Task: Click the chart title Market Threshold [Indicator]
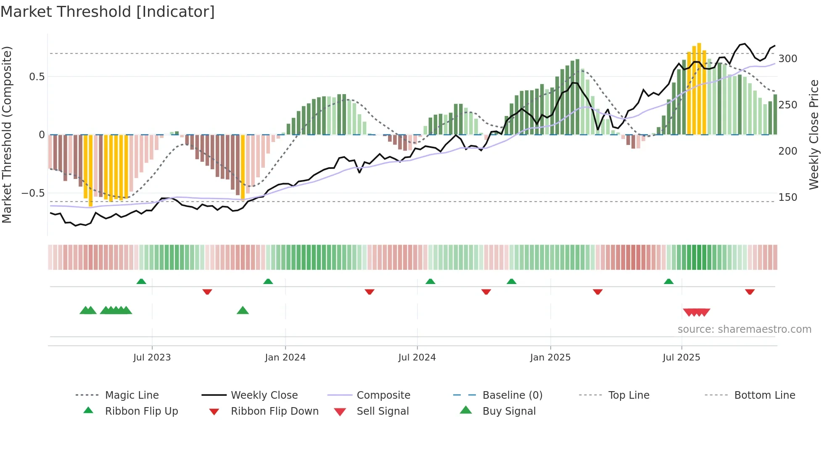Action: tap(108, 12)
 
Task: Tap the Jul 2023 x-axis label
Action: tap(152, 358)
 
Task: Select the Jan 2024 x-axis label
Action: tap(285, 358)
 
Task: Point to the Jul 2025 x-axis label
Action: tap(681, 358)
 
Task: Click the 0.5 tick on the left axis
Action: tap(37, 77)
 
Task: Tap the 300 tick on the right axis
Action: tap(787, 59)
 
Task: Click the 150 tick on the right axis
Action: tap(787, 197)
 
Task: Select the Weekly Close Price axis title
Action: tap(814, 134)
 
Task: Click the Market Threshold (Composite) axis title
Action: tap(7, 134)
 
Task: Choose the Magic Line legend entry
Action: tap(132, 395)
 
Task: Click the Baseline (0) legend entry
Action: tap(512, 395)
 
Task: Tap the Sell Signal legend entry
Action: tap(382, 411)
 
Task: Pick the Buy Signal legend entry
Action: tap(509, 411)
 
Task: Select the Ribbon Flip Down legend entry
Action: tap(274, 411)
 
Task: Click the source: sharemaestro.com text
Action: tap(744, 329)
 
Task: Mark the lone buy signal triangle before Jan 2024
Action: tap(243, 310)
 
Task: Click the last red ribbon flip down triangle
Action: tap(750, 292)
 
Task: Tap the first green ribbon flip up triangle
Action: tap(141, 281)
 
